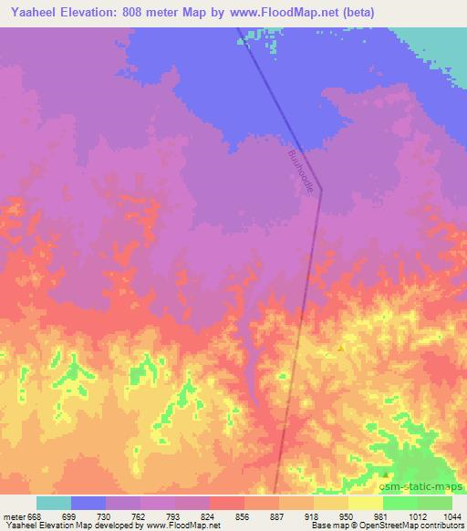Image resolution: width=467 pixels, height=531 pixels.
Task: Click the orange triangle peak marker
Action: (x=341, y=348)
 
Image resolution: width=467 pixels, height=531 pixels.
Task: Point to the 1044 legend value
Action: (x=451, y=515)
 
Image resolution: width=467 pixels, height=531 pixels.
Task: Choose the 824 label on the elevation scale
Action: (x=209, y=515)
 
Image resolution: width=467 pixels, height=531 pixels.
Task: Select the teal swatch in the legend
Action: (x=54, y=503)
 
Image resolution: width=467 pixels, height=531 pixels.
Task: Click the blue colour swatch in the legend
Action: (x=88, y=503)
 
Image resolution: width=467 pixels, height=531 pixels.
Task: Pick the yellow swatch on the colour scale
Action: (x=365, y=503)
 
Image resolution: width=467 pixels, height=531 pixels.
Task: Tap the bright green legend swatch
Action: (x=400, y=503)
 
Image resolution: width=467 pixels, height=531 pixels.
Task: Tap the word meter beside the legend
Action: (x=14, y=515)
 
